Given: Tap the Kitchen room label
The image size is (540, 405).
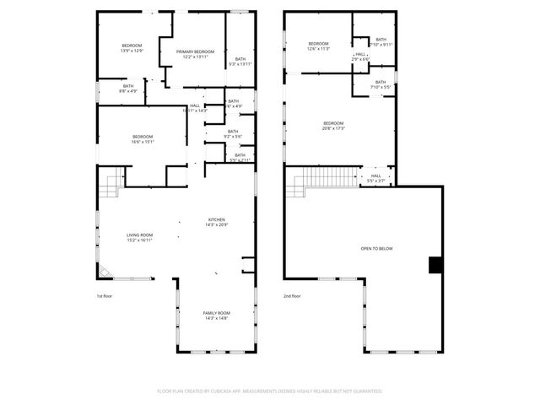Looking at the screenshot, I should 217,222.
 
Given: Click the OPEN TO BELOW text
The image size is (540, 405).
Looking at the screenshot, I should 376,248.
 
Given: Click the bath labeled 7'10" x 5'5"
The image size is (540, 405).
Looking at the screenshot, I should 381,84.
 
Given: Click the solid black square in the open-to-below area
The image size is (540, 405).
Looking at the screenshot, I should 435,265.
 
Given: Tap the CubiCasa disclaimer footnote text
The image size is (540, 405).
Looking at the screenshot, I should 270,391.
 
